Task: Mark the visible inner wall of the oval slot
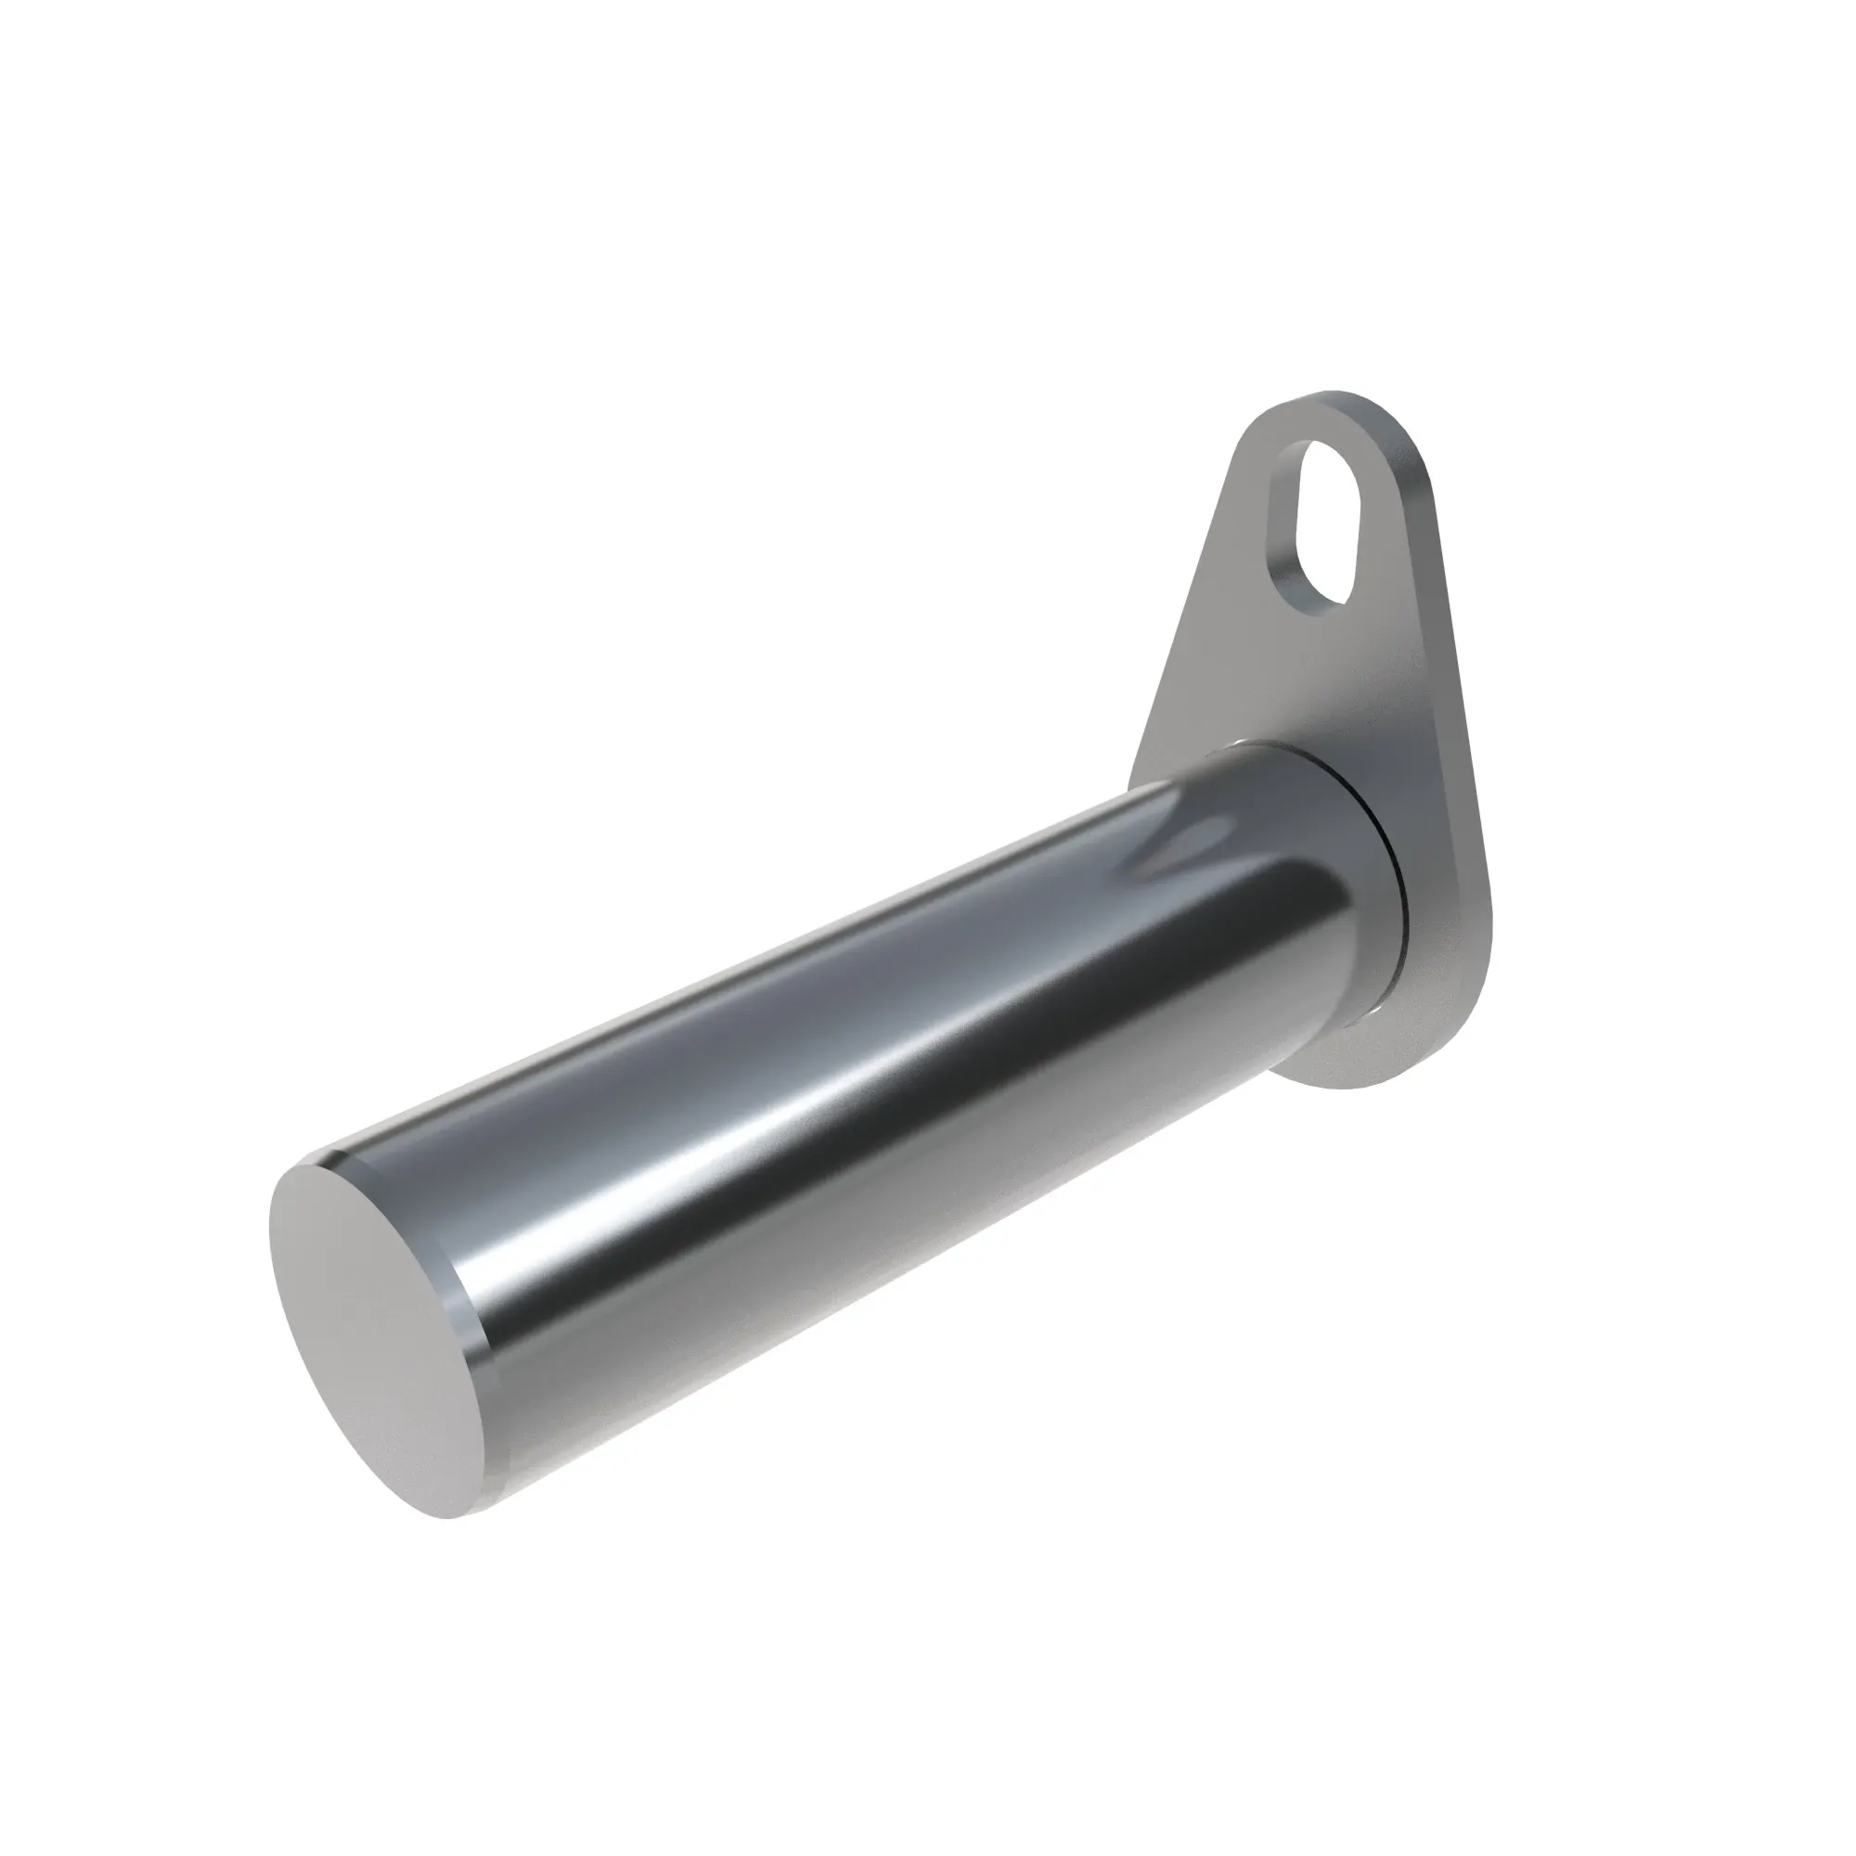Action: [x=1284, y=538]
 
